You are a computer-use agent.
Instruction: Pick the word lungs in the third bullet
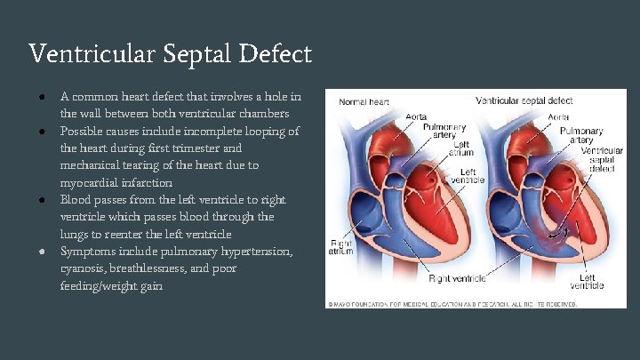pyautogui.click(x=76, y=234)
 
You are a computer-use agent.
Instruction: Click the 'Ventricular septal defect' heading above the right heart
pyautogui.click(x=524, y=101)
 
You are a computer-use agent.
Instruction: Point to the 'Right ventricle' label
pyautogui.click(x=457, y=278)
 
